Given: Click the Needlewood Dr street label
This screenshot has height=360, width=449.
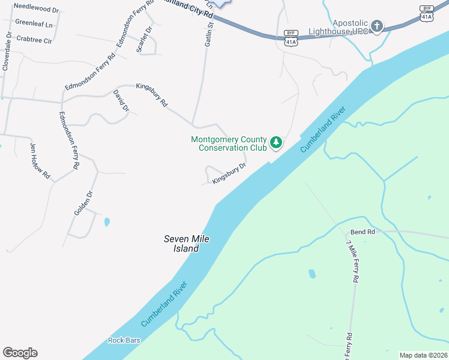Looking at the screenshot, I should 36,10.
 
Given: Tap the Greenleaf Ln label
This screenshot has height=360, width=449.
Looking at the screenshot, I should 34,25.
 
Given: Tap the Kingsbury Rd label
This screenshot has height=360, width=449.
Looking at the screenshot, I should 152,95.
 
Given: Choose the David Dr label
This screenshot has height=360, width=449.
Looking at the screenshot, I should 122,101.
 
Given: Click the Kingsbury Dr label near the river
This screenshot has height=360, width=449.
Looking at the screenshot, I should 229,173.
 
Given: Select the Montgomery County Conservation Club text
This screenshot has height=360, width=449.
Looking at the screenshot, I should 229,143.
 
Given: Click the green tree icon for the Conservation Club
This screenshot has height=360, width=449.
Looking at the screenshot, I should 276,143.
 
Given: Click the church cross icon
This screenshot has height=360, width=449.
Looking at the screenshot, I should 376,26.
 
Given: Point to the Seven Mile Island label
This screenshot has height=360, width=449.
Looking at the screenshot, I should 187,243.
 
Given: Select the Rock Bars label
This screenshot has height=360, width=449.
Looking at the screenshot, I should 124,340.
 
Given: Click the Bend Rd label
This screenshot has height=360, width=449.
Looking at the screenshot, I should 363,232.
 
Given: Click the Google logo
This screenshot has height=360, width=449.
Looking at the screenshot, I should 20,353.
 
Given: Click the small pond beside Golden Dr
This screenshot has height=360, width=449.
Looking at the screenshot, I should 107,222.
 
